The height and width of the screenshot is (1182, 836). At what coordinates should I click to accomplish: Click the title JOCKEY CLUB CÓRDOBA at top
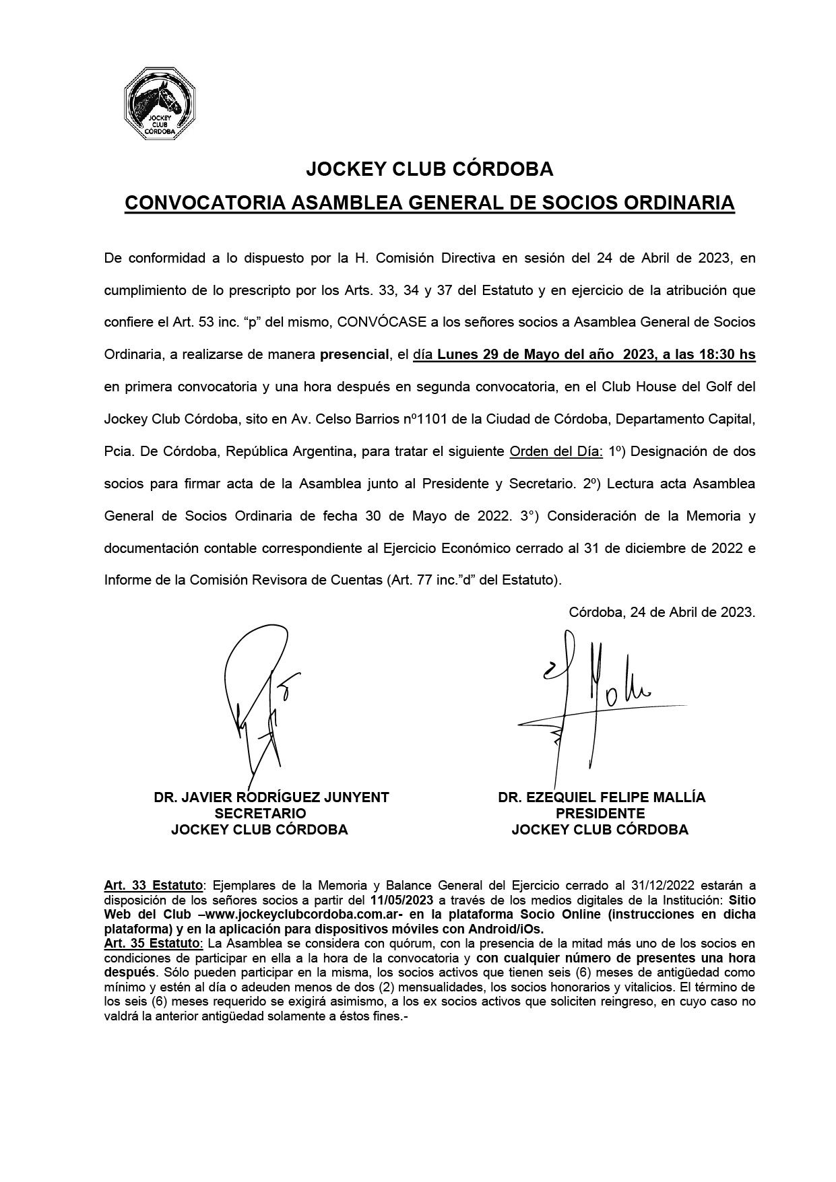(429, 170)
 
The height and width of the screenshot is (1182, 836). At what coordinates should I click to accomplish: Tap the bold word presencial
(355, 354)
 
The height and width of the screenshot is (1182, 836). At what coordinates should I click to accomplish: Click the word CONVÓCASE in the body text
(382, 322)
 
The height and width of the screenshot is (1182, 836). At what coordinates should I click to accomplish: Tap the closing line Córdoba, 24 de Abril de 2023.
(662, 613)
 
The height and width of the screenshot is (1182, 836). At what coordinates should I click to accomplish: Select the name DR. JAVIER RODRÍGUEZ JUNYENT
(271, 797)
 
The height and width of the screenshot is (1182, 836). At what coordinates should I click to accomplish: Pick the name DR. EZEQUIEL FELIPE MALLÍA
(602, 797)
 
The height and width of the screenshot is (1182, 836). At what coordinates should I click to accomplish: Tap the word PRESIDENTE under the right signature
(600, 814)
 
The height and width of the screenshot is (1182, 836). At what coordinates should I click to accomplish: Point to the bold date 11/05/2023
(402, 900)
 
